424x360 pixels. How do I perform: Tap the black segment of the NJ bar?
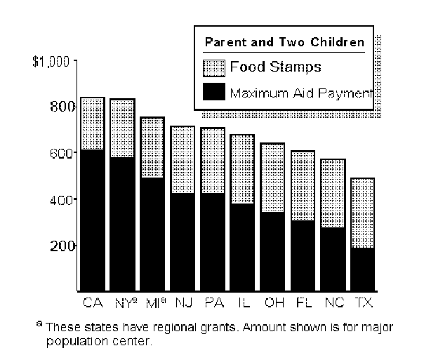tap(183, 241)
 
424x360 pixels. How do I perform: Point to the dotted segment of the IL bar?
tap(243, 169)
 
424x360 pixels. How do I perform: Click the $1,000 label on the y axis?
tap(51, 61)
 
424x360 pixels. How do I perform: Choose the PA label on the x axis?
tap(213, 303)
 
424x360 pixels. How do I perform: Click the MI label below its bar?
tap(153, 303)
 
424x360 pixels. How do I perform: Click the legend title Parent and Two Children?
tap(284, 42)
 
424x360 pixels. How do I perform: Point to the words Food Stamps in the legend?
tap(275, 67)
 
